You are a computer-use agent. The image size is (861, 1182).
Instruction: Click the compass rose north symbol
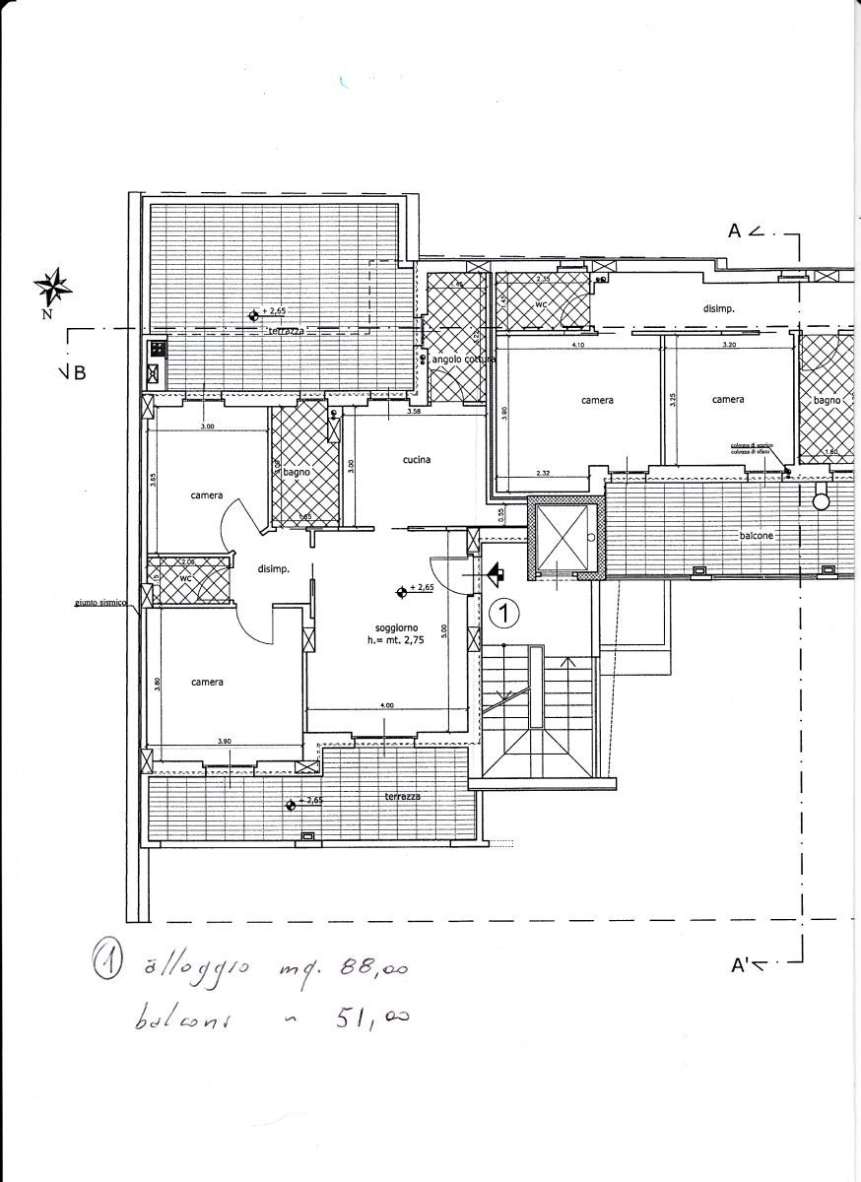(54, 287)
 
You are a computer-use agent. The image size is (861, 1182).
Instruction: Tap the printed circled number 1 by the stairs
(503, 614)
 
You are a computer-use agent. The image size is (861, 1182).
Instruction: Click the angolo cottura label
(462, 360)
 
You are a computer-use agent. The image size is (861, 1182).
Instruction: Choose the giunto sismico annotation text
(99, 604)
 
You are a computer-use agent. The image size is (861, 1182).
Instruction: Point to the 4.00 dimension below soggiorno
(387, 705)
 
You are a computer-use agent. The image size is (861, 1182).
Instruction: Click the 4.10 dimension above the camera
(578, 345)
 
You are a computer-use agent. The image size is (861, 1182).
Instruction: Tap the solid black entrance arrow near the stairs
(496, 572)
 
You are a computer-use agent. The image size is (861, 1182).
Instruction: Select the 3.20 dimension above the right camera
(728, 345)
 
